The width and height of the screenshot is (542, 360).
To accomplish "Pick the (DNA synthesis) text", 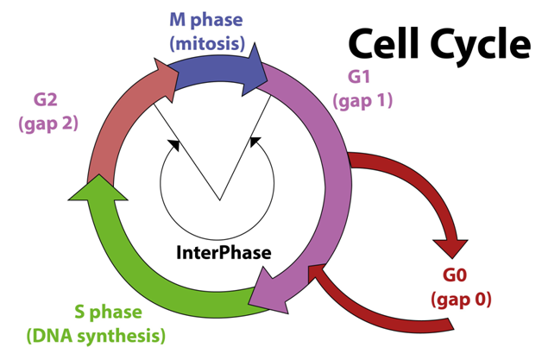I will [97, 335].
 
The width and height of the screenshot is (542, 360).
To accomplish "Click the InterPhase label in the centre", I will [224, 253].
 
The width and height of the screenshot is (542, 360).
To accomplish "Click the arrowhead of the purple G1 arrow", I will [263, 292].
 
